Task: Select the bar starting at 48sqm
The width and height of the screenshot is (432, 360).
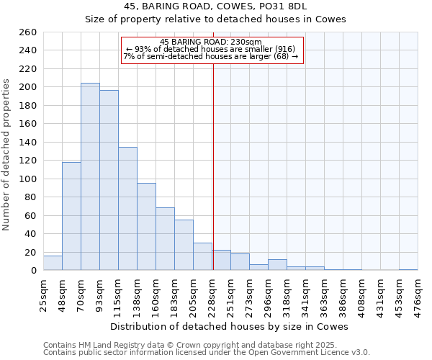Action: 71,216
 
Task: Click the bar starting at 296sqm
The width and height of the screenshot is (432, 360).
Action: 277,265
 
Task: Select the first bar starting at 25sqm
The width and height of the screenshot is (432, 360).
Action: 53,264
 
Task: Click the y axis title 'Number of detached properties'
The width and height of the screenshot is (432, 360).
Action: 7,166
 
